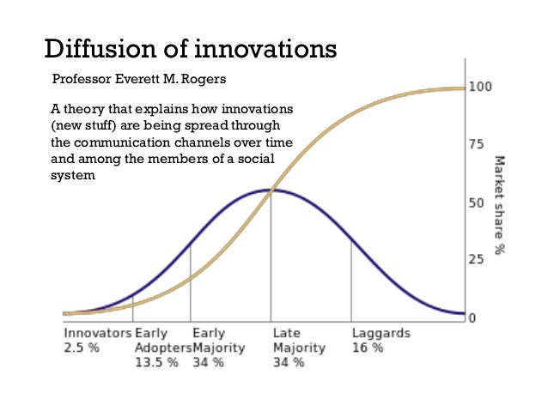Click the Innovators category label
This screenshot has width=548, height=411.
tap(97, 333)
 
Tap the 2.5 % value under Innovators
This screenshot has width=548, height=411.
tap(82, 348)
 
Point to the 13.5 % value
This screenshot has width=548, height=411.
tap(156, 362)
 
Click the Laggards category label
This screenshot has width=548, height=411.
tap(381, 333)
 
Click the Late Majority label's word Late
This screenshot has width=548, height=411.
tap(285, 333)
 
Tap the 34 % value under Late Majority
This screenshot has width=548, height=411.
tap(288, 362)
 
